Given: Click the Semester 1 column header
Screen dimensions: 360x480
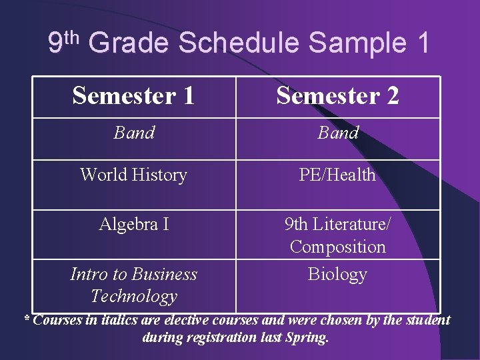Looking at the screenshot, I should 133,96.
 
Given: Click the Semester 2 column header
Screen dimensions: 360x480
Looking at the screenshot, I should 337,96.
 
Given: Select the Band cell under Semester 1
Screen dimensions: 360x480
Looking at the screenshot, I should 134,133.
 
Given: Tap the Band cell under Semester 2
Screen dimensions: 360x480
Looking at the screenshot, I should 338,133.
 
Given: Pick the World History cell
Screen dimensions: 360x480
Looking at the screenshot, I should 133,175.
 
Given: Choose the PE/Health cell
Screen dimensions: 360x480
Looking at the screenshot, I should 337,175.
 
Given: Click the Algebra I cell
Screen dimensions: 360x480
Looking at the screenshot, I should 133,225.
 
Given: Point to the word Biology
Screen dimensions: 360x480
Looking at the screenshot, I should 337,274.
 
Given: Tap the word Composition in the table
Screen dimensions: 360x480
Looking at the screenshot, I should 337,247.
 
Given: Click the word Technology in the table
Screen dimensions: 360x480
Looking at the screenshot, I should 134,296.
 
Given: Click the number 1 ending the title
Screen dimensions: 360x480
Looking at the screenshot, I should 423,43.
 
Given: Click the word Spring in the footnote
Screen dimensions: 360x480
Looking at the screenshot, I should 307,337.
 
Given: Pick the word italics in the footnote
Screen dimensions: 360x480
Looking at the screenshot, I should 117,320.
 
